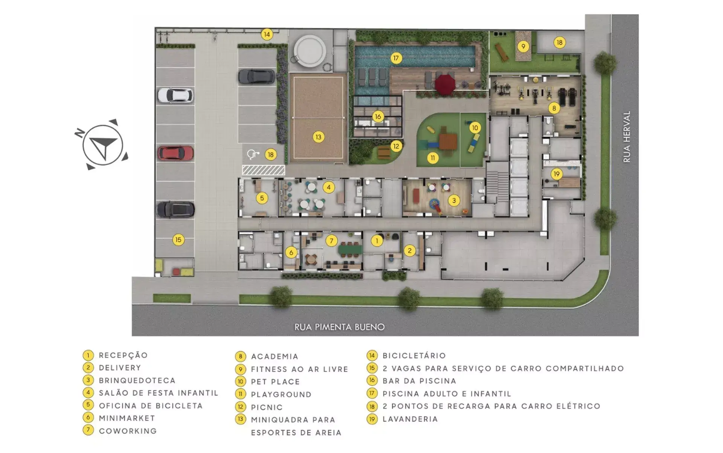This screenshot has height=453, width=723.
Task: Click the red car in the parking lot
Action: (x=175, y=153)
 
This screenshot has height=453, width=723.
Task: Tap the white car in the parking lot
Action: (x=175, y=95)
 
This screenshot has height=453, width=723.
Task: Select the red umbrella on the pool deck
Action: (x=445, y=84)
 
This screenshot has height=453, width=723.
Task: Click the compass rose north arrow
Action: (x=102, y=145)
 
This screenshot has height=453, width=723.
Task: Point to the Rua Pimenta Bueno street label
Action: (x=339, y=327)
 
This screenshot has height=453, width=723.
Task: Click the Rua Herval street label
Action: (x=627, y=137)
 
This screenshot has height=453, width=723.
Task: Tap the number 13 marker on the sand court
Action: (x=319, y=137)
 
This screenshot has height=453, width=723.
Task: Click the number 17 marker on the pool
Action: (x=396, y=58)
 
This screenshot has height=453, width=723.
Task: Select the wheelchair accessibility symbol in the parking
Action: (x=253, y=154)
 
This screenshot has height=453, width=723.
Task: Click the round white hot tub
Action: (x=310, y=51)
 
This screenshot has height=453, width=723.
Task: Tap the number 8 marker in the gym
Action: (x=554, y=108)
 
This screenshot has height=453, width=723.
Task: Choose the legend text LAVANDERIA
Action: (x=410, y=419)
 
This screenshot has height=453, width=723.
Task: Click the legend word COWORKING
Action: (x=128, y=431)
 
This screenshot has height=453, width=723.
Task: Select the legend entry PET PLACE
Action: (x=275, y=382)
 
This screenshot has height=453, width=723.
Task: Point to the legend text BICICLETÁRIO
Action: (x=414, y=356)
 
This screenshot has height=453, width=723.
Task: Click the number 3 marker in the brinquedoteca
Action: (x=454, y=201)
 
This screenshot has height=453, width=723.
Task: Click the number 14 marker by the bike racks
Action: (x=267, y=35)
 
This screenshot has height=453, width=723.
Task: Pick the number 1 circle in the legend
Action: (x=88, y=355)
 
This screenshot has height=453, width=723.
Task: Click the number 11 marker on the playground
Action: (x=433, y=158)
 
